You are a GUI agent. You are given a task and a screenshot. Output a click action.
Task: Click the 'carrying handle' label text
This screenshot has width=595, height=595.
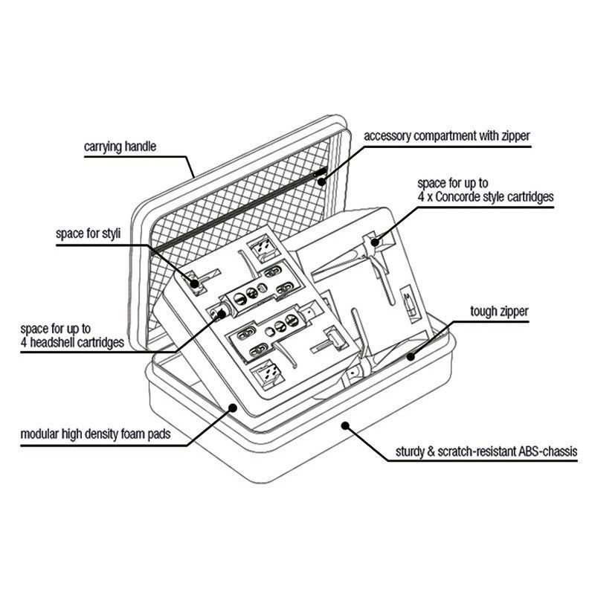[x=120, y=147]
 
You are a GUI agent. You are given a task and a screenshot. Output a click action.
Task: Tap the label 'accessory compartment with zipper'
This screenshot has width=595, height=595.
[x=447, y=136]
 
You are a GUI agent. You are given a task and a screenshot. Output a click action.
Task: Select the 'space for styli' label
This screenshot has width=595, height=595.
[x=88, y=234]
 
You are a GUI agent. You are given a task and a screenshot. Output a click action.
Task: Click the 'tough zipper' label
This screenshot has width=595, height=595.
[x=499, y=312]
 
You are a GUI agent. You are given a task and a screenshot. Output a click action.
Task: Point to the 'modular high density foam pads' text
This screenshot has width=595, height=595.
[x=96, y=434]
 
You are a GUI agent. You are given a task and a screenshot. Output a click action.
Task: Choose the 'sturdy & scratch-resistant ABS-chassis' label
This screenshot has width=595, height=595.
[x=486, y=451]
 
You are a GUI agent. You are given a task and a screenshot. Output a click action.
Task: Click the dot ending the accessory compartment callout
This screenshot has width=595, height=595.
[x=322, y=181]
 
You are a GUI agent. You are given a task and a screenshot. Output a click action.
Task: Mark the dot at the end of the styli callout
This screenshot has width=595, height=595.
[x=194, y=283]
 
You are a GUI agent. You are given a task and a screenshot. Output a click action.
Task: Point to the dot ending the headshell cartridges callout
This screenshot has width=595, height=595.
[x=222, y=313]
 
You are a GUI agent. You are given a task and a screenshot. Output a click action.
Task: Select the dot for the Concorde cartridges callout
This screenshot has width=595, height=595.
[x=376, y=242]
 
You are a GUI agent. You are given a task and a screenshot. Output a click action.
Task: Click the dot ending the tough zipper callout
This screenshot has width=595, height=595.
[x=411, y=357]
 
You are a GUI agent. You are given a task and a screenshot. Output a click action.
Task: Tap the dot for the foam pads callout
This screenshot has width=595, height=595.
[x=233, y=408]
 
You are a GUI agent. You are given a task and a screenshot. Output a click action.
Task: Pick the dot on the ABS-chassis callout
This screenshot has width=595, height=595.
[x=345, y=425]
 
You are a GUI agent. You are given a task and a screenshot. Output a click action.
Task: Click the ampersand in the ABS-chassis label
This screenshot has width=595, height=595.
[x=431, y=451]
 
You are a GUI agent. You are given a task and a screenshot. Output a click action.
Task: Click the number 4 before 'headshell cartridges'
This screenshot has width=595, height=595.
[x=24, y=343]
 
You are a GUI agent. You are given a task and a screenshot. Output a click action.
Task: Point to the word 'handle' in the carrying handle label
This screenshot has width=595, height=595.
[x=141, y=147]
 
